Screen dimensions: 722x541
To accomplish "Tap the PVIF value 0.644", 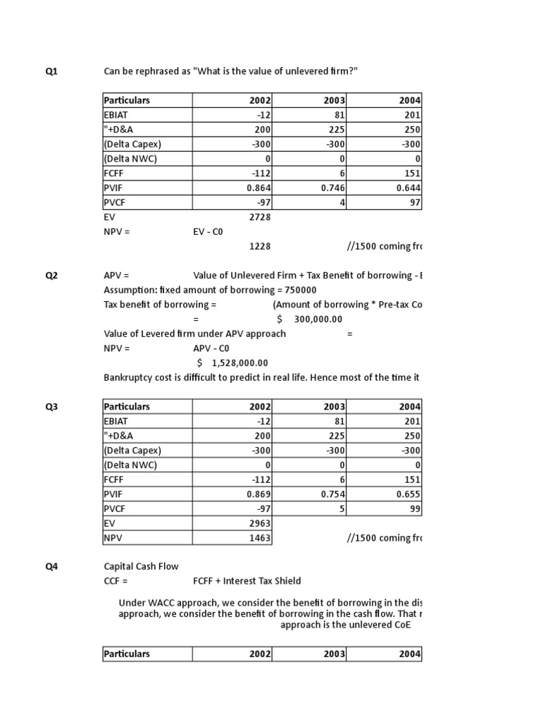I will pos(407,188).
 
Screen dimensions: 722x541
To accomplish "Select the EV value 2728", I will pos(260,217).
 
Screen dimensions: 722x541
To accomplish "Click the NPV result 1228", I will pos(260,246).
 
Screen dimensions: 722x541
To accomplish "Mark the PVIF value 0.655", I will pos(407,494).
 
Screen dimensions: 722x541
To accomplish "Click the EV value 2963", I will pos(260,523).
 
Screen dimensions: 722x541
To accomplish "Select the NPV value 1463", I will pos(260,538).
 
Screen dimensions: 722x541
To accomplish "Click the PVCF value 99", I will pos(414,509).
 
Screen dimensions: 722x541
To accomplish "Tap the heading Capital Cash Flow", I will pos(141,565).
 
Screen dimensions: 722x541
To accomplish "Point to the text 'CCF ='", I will pos(116,580).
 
